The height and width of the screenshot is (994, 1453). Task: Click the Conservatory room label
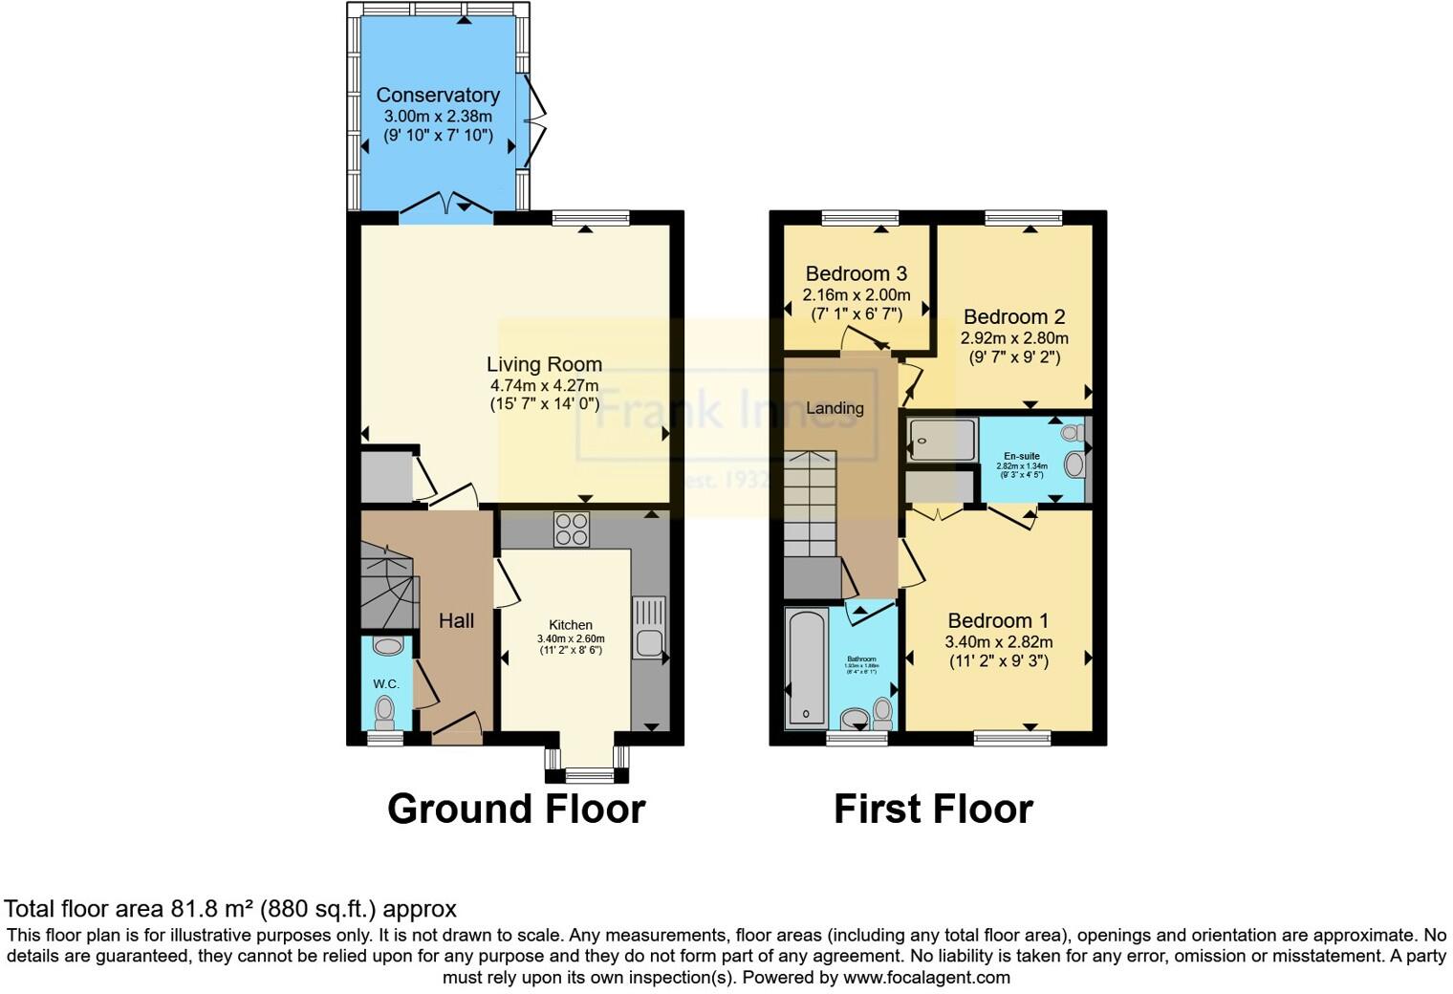438,95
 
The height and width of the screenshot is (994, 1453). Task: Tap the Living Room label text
544,364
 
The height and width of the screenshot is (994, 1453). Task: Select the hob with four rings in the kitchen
572,529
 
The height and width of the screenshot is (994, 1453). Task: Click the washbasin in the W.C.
387,647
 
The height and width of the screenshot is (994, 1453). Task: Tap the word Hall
456,620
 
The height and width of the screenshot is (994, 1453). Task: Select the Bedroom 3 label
856,274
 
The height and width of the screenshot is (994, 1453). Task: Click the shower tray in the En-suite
942,441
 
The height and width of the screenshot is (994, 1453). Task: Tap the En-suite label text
1022,456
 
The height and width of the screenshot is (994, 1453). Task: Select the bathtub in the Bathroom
806,666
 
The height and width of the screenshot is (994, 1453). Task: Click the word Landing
835,408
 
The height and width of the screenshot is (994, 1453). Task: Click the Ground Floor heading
516,809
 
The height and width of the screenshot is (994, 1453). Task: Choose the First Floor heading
933,809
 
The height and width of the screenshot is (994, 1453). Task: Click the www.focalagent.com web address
926,977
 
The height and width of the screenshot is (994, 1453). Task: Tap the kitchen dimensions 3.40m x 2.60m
571,638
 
